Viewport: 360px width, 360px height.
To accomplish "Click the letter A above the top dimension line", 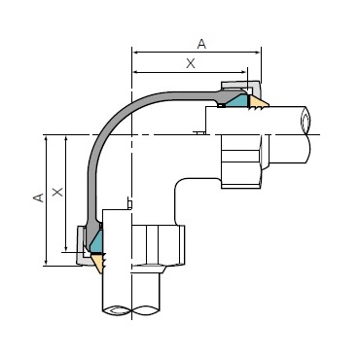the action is click(x=201, y=44).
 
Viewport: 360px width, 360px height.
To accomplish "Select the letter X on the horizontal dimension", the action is click(x=191, y=63).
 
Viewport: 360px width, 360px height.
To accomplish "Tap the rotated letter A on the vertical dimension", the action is click(x=39, y=198).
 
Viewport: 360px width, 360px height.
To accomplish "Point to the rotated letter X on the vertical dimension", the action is click(x=57, y=192).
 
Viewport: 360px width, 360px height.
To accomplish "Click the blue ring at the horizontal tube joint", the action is click(x=236, y=101).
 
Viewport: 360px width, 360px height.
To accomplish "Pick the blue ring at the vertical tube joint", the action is click(x=96, y=240).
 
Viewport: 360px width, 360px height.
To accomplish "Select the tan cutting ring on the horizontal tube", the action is click(x=258, y=102).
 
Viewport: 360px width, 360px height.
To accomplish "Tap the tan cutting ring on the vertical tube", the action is click(x=98, y=263).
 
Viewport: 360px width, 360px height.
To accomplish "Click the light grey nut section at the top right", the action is click(x=241, y=87).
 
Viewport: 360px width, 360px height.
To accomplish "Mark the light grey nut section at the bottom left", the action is click(x=81, y=246).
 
